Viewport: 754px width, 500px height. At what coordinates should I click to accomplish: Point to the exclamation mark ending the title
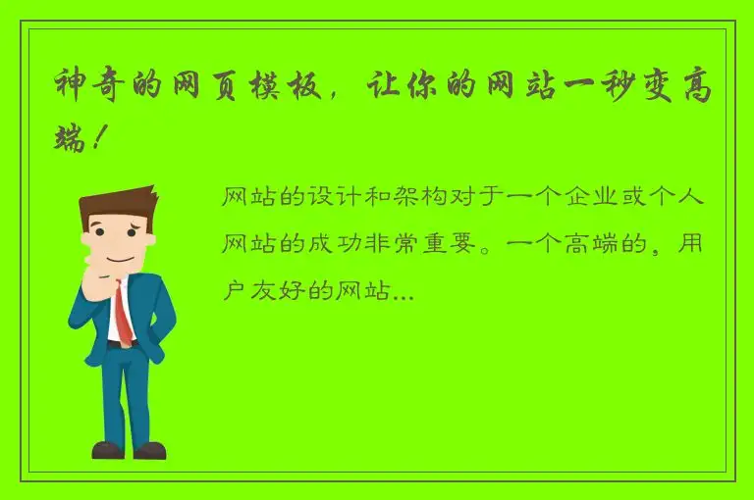click(x=96, y=140)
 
